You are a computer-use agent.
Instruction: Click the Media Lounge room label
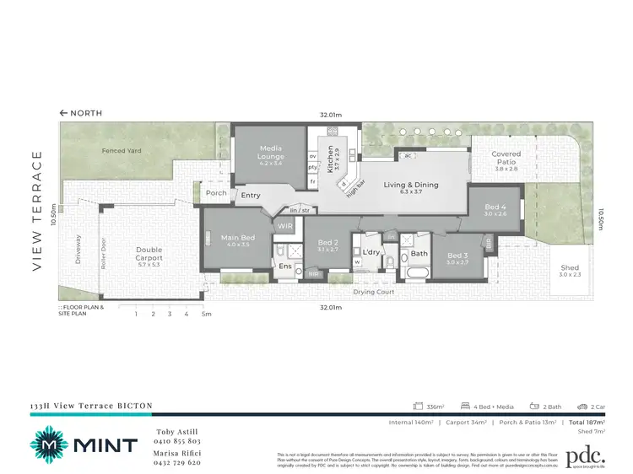click(x=271, y=153)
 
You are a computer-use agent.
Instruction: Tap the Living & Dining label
click(x=409, y=186)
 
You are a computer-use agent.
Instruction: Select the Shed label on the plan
click(x=570, y=269)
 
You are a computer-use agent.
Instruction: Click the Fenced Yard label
click(x=122, y=151)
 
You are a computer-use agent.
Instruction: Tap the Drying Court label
click(x=374, y=292)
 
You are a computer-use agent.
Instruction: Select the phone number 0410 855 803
click(x=177, y=441)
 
